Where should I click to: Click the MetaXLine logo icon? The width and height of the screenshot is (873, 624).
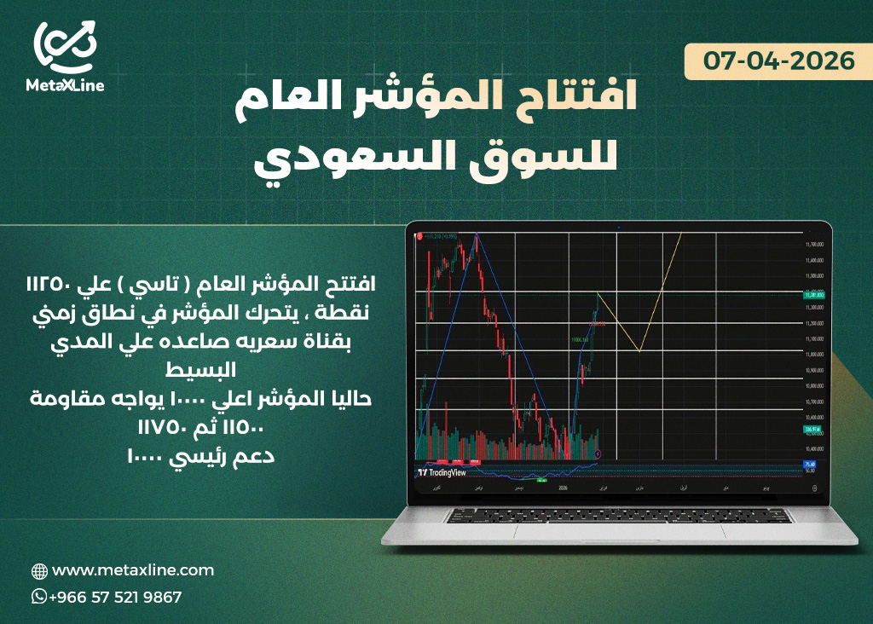pyautogui.click(x=65, y=47)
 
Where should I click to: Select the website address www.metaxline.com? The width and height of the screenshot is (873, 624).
pyautogui.click(x=133, y=570)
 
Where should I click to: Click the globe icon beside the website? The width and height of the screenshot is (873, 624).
pyautogui.click(x=39, y=571)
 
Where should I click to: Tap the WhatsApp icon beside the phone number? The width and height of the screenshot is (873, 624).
pyautogui.click(x=39, y=597)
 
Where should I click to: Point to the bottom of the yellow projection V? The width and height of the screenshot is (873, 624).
pyautogui.click(x=639, y=351)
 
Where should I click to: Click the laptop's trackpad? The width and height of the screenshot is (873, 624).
pyautogui.click(x=617, y=531)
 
